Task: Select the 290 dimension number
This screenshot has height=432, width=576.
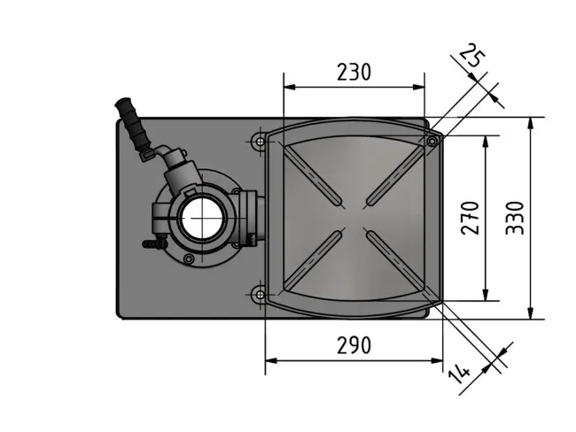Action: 354,345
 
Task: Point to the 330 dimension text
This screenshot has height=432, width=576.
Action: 515,217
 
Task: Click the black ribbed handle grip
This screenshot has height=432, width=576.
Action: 134,126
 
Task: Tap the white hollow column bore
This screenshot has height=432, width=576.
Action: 202,217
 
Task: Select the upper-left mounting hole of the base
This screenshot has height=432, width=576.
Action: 259,141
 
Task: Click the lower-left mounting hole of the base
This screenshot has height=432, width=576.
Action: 259,293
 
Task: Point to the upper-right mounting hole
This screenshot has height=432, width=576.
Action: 432,141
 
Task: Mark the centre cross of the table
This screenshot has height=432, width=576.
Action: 354,217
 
